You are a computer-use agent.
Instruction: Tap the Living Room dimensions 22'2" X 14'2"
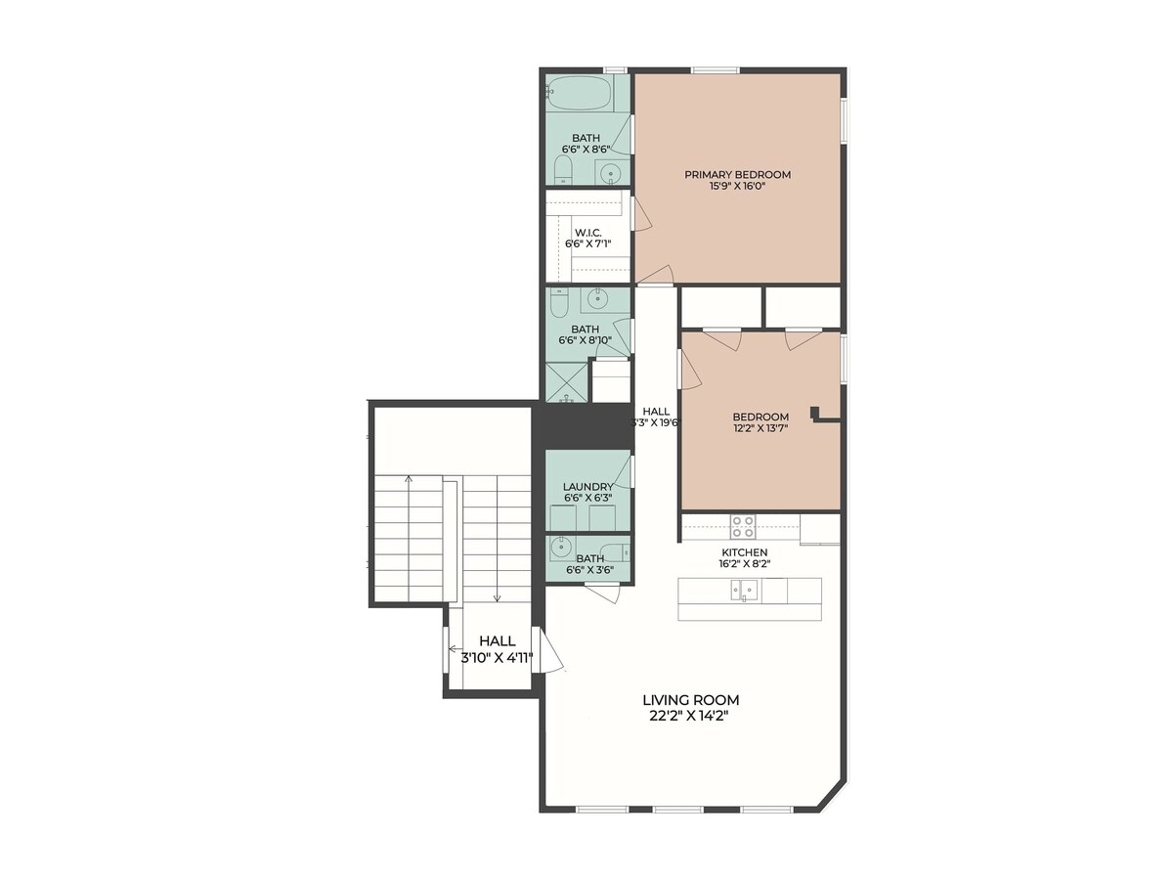[x=690, y=717]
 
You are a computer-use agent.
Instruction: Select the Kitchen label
[x=745, y=552]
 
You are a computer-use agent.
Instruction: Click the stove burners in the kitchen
[x=743, y=526]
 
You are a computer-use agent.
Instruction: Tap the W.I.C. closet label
[x=587, y=233]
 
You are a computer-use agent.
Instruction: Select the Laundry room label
[x=587, y=487]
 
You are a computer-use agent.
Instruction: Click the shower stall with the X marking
[x=566, y=382]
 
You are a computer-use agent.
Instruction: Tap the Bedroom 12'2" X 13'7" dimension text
[x=760, y=428]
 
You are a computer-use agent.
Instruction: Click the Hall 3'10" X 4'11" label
[x=497, y=649]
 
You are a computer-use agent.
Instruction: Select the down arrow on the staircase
[x=498, y=539]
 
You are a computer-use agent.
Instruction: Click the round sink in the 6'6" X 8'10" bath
[x=597, y=298]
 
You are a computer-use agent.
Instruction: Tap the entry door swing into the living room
[x=551, y=658]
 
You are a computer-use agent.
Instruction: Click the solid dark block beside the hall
[x=585, y=426]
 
